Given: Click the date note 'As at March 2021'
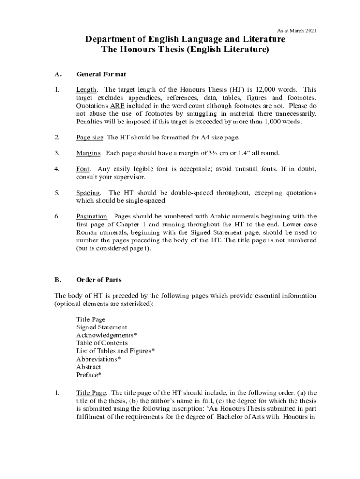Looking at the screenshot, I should tap(296, 31).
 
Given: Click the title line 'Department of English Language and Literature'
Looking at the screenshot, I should tap(185, 40).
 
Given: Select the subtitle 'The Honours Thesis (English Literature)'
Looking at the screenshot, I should tap(185, 50).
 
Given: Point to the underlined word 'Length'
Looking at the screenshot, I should tap(86, 90).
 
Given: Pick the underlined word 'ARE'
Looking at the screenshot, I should tap(117, 106).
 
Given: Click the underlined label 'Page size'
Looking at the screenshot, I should tap(90, 138).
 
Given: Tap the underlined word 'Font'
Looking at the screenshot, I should tap(83, 169).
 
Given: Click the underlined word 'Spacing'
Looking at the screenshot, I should tap(88, 193).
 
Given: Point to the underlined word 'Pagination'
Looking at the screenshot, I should tap(92, 217).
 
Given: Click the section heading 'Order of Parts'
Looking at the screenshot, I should tap(99, 280).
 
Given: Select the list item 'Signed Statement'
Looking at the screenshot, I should tap(101, 327).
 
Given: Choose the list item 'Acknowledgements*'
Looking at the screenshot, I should tap(107, 335).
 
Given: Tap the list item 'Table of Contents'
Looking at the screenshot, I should tap(102, 343).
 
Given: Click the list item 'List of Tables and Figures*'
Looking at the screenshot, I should tap(115, 351).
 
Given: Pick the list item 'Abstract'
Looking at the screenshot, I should tap(88, 367).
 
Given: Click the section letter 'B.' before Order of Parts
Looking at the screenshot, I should tap(58, 280).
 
